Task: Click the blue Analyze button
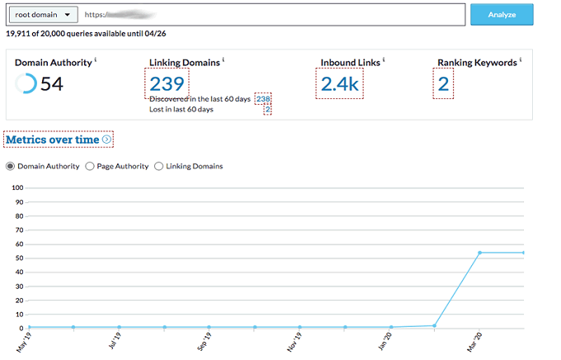(502, 15)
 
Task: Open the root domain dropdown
(42, 15)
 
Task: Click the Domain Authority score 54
(52, 83)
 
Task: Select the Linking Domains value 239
(167, 83)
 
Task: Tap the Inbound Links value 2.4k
(339, 83)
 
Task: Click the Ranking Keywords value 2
(443, 83)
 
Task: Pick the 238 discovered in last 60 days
(263, 98)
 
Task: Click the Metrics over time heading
(53, 140)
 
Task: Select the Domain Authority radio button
(11, 166)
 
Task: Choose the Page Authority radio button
(91, 166)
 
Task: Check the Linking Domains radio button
(159, 166)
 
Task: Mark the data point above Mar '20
(479, 253)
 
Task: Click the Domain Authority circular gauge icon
(26, 83)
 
